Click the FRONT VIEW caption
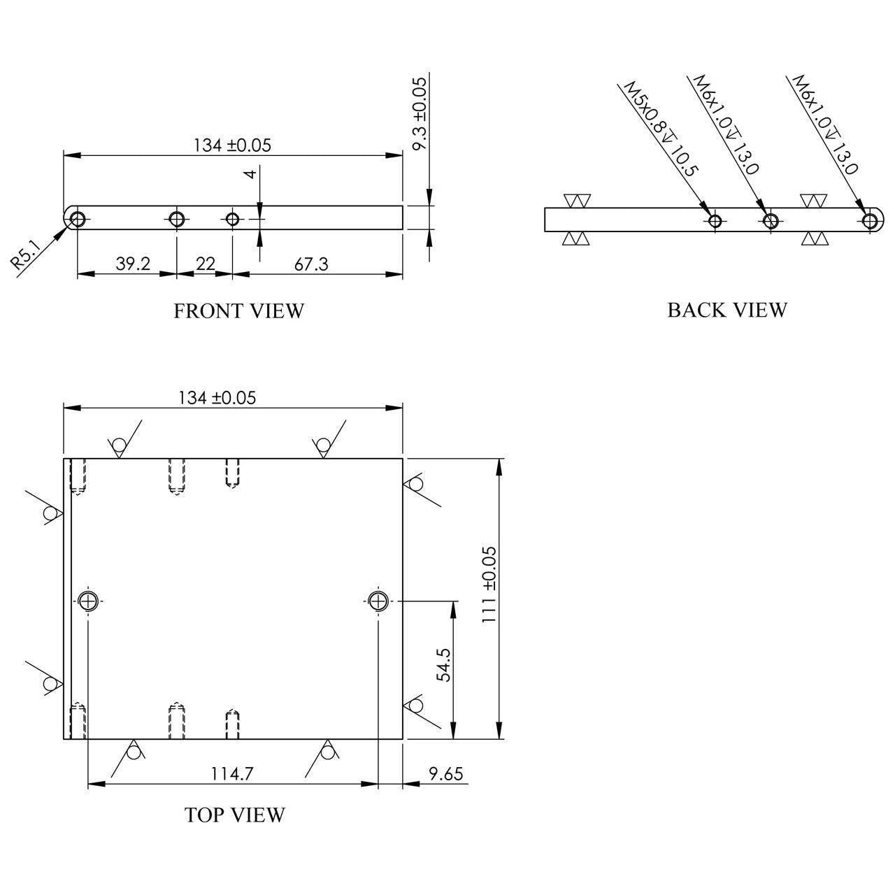point(238,310)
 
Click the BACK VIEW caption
point(727,310)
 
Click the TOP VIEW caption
point(234,815)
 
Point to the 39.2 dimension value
point(133,264)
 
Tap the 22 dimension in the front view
point(206,264)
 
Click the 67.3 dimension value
point(311,264)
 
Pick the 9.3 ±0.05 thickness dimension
point(420,114)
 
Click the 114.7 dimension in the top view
point(232,773)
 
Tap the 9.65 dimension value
point(446,773)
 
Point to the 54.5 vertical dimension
point(444,665)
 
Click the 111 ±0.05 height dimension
point(489,585)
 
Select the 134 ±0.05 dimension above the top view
point(217,398)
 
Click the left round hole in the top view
point(88,601)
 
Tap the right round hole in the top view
point(378,601)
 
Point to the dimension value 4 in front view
point(250,175)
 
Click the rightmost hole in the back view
point(869,220)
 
